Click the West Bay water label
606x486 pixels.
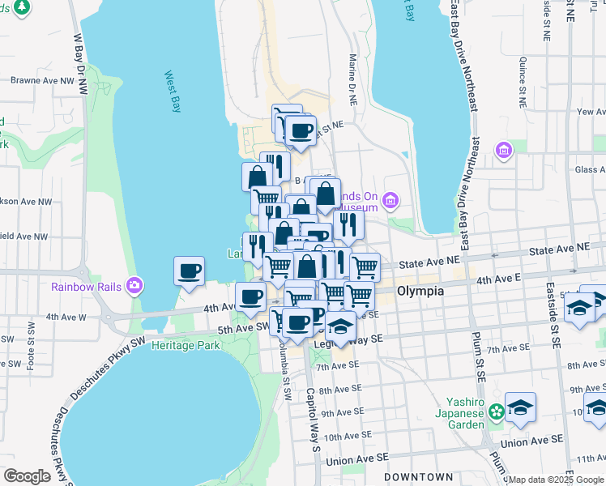172,91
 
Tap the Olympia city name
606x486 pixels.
420,291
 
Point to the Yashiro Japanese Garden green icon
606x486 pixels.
496,412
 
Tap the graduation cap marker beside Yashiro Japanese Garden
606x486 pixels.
520,407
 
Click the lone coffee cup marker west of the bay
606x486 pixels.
190,271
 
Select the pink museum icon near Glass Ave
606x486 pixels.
504,151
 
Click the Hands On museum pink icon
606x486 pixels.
390,200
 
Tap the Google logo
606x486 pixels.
28,475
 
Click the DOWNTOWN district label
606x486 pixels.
418,477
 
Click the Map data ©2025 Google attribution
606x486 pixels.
556,479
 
